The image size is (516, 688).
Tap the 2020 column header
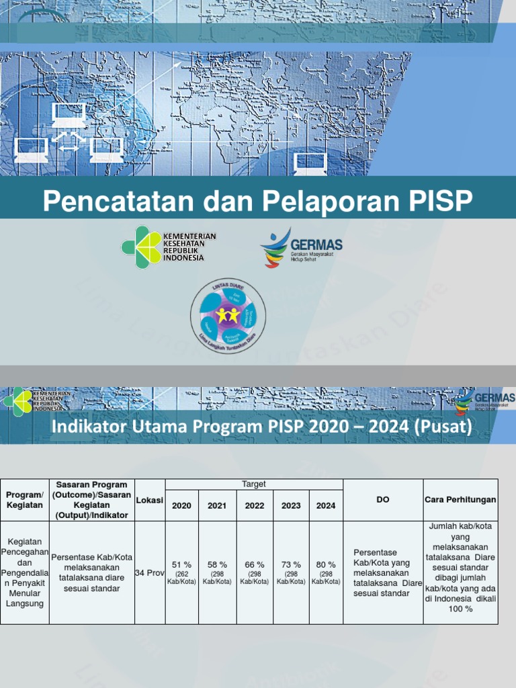pos(181,505)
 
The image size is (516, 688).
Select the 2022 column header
pos(255,505)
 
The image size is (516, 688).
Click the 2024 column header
pos(326,505)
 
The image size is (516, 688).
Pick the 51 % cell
pos(181,565)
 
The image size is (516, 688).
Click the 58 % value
pos(217,565)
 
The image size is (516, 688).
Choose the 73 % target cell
pos(291,565)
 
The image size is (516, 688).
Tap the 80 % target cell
pos(326,565)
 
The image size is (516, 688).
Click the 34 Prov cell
pos(150,573)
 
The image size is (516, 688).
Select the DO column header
pos(383,500)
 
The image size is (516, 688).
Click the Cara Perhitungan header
pos(460,500)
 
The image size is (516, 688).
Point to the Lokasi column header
pos(150,500)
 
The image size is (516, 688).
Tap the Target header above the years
pos(254,484)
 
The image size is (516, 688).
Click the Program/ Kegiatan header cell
pos(25,500)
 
